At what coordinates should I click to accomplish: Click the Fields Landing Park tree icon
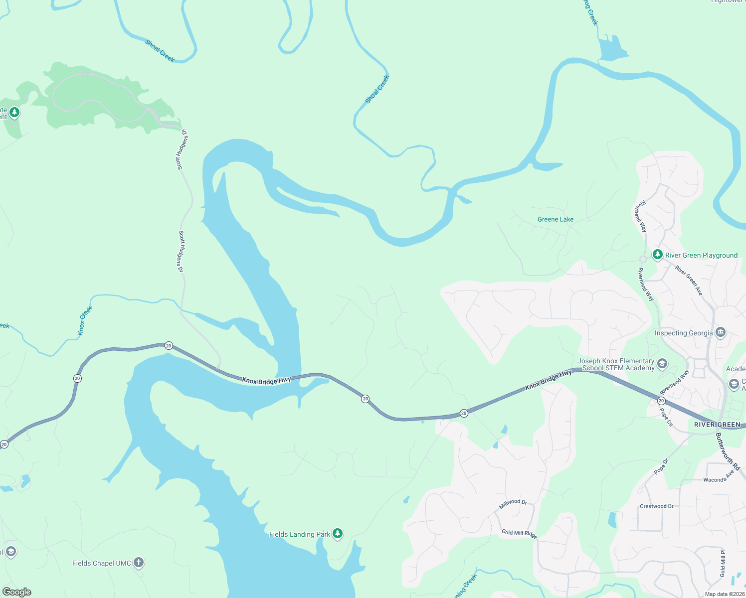pos(338,534)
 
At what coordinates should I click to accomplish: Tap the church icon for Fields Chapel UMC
pos(139,563)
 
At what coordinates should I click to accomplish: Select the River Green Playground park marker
pos(657,255)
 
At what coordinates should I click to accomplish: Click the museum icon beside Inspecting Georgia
pos(720,332)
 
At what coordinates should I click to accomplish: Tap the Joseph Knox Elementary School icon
pos(662,364)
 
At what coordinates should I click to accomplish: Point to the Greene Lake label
pos(555,219)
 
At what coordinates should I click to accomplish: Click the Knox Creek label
pos(85,320)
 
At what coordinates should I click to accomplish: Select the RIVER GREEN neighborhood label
pos(717,425)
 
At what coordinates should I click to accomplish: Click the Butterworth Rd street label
pos(728,451)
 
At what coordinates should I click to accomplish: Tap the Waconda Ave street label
pos(719,477)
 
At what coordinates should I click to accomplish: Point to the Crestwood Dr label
pos(656,506)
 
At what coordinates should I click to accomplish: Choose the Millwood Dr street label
pos(513,504)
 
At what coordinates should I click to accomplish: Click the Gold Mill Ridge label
pos(519,533)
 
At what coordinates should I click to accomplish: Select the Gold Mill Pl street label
pos(723,563)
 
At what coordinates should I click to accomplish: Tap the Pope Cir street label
pos(666,417)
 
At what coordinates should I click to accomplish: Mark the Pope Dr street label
pos(661,466)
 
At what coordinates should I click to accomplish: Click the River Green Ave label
pos(689,281)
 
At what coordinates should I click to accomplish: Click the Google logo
pos(17,592)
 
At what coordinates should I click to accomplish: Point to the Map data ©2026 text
pos(725,594)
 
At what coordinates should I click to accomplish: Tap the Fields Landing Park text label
pos(299,534)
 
